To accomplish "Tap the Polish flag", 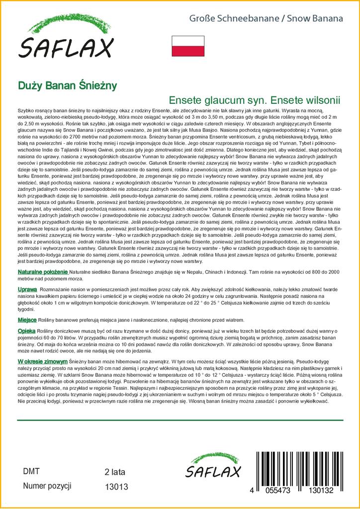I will pyautogui.click(x=188, y=46).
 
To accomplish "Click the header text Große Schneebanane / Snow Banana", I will pyautogui.click(x=266, y=19).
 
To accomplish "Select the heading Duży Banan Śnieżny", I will pyautogui.click(x=67, y=85).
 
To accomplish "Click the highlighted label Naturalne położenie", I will pyautogui.click(x=43, y=272).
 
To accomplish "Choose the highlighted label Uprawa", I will pyautogui.click(x=27, y=289).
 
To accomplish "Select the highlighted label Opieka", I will pyautogui.click(x=27, y=331).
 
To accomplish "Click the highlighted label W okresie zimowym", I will pyautogui.click(x=43, y=361).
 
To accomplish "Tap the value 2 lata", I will pyautogui.click(x=115, y=472).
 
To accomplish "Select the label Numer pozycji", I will pyautogui.click(x=47, y=486).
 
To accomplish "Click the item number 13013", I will pyautogui.click(x=117, y=486).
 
